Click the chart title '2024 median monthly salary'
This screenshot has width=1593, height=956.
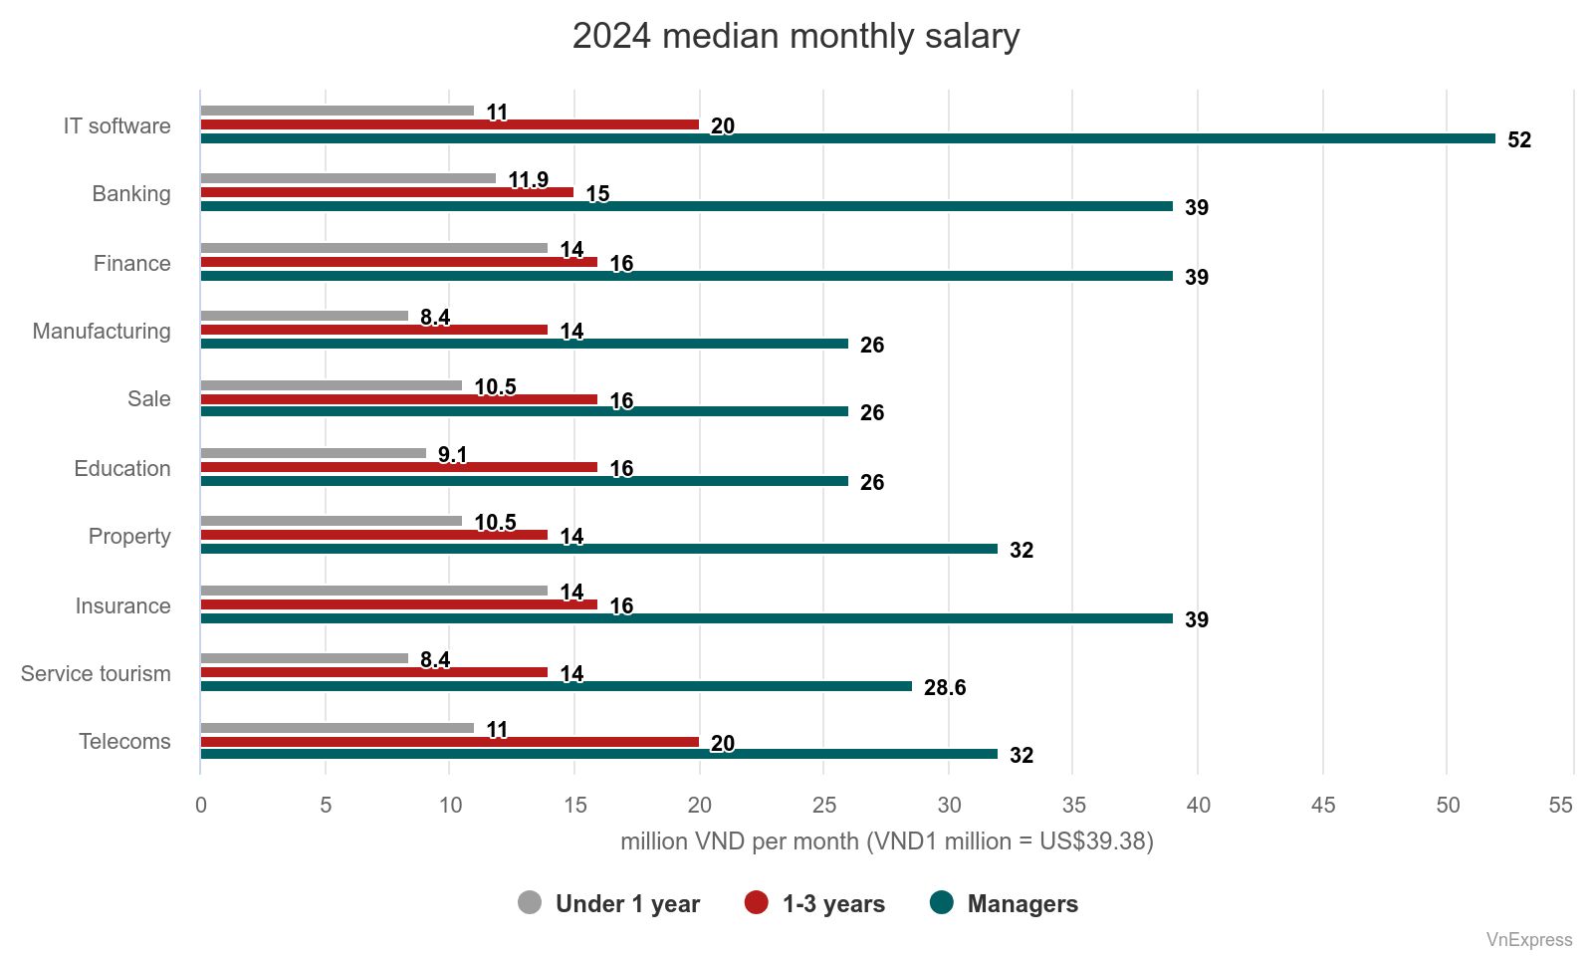tap(796, 36)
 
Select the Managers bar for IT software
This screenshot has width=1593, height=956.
tap(846, 138)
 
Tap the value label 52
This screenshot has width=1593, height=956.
tap(1518, 140)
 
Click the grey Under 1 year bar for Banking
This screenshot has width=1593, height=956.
tap(347, 178)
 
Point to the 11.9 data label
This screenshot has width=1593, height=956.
tap(528, 180)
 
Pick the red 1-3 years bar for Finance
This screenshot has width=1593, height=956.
tap(398, 262)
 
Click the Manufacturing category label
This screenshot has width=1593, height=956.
tap(102, 331)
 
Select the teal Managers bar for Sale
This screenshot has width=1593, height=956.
tap(524, 411)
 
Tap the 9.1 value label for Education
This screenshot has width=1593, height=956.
tap(452, 455)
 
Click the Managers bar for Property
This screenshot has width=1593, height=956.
tap(597, 549)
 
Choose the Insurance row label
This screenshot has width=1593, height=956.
tap(122, 605)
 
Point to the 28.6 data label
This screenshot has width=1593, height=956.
tap(944, 688)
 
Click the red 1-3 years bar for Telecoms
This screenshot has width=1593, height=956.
tap(448, 742)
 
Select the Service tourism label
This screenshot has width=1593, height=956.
tap(96, 673)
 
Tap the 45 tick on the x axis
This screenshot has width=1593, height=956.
tap(1322, 805)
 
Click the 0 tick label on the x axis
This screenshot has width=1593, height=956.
tap(201, 805)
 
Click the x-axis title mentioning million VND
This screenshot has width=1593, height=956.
tap(886, 841)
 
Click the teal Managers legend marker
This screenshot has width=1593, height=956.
tap(942, 903)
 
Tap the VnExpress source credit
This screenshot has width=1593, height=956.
tap(1528, 940)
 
